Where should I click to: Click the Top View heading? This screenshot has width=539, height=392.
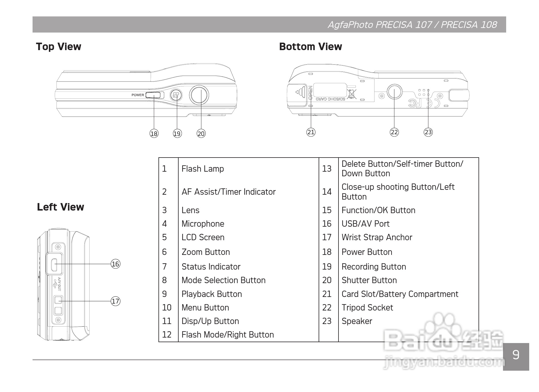click(x=58, y=47)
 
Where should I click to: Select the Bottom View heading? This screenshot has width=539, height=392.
click(x=311, y=47)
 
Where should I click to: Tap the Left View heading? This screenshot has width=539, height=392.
click(x=60, y=207)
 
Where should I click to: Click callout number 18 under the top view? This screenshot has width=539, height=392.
click(x=154, y=133)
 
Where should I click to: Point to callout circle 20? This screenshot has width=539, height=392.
click(x=201, y=133)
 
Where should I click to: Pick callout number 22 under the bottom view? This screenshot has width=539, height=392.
click(x=394, y=132)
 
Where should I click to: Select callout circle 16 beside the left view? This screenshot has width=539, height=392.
click(x=115, y=264)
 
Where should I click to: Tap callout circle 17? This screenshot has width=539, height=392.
click(x=115, y=301)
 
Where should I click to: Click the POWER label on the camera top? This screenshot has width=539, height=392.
click(x=138, y=95)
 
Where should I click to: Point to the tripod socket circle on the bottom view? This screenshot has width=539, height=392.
click(x=394, y=92)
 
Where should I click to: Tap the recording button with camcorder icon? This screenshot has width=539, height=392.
click(x=176, y=95)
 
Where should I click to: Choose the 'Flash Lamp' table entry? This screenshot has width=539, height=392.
click(x=203, y=169)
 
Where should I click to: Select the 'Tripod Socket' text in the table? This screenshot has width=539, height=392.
click(x=367, y=308)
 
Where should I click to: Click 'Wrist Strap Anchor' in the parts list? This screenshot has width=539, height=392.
click(x=377, y=237)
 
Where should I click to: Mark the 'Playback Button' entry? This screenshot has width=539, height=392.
click(x=211, y=294)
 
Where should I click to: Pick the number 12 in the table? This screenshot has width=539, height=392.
click(x=167, y=335)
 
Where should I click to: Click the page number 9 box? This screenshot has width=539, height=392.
click(x=516, y=357)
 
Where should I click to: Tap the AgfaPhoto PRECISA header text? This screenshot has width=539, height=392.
click(x=412, y=25)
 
